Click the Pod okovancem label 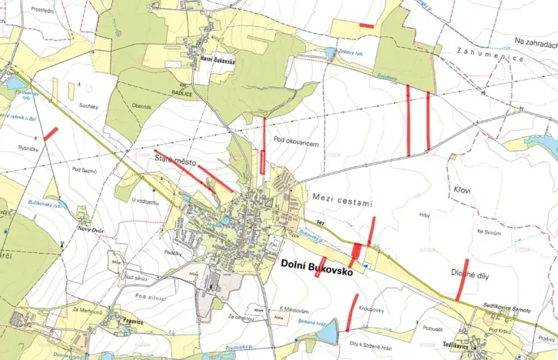[x=295, y=143]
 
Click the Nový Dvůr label [x=89, y=228]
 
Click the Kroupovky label [x=372, y=310]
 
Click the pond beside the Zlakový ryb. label [x=330, y=53]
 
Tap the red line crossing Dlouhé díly [x=461, y=279]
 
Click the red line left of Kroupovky [x=353, y=312]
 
